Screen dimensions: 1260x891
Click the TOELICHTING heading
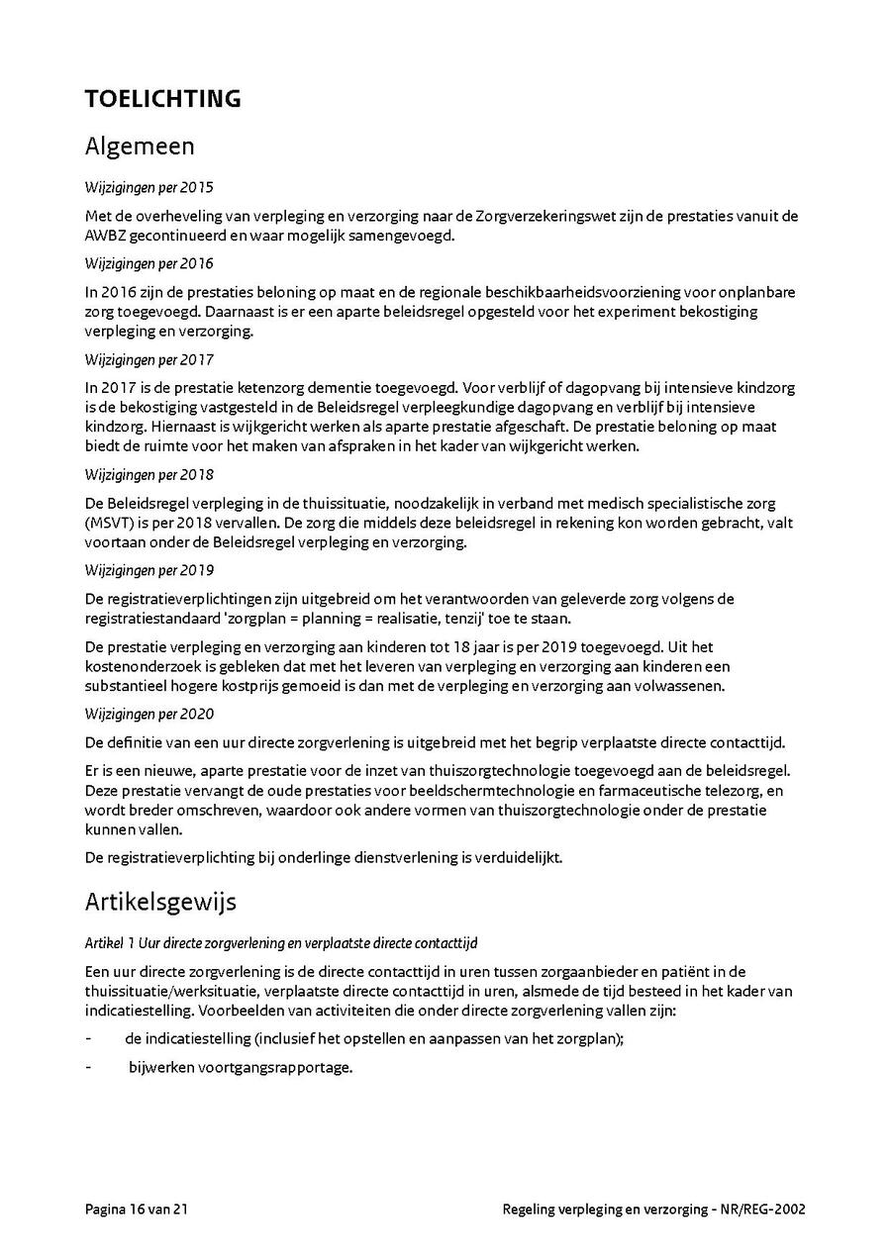[162, 99]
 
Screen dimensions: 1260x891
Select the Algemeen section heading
[140, 146]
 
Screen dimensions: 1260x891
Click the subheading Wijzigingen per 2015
[148, 187]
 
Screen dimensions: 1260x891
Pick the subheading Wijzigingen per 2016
[148, 264]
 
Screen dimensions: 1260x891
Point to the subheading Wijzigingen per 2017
[148, 359]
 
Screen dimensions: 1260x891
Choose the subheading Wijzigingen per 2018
[148, 474]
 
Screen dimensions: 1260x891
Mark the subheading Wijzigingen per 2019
[148, 570]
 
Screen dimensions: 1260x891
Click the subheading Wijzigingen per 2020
[148, 714]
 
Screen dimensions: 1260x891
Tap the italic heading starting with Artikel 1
[281, 943]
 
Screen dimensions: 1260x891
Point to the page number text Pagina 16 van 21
[137, 1209]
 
